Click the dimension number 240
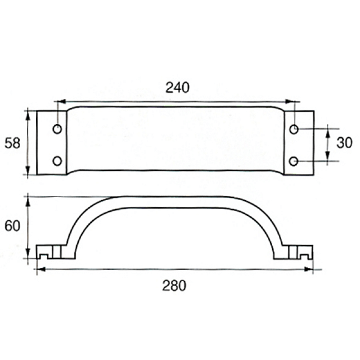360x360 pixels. click(x=178, y=87)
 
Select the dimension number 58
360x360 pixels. click(x=12, y=143)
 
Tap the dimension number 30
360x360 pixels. click(x=344, y=143)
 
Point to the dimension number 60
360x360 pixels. click(x=12, y=226)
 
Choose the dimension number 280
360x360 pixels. click(x=174, y=286)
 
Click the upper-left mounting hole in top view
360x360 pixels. click(x=57, y=129)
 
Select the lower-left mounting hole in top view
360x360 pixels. click(x=57, y=161)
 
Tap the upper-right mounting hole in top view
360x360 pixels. click(x=294, y=129)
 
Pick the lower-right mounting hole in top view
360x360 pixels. click(x=293, y=161)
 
